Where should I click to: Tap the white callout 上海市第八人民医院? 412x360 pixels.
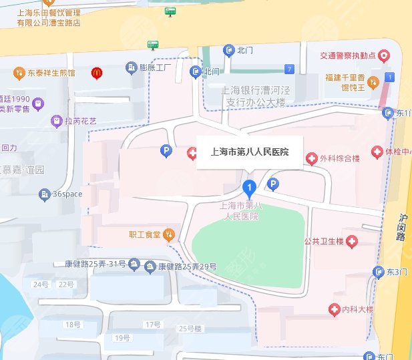[249, 152]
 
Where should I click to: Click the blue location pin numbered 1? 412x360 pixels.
[249, 188]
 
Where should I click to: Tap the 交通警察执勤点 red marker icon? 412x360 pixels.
[383, 56]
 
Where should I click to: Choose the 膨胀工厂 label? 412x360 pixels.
[156, 68]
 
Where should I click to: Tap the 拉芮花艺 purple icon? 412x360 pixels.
[56, 121]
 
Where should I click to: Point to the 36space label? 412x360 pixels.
[67, 194]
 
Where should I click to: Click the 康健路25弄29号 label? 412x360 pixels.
[187, 266]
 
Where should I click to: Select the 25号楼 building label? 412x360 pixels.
[190, 328]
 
